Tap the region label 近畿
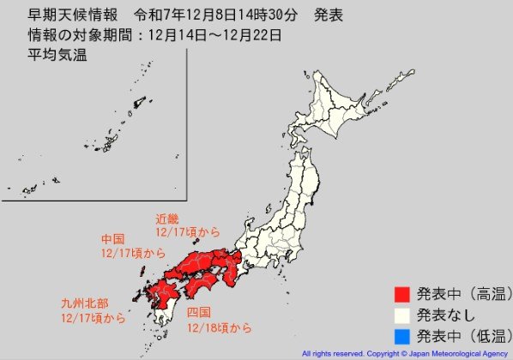[x=167, y=219]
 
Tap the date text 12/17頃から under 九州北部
[x=94, y=318]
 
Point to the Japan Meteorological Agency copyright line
[x=405, y=353]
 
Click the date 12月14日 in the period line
[x=189, y=36]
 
